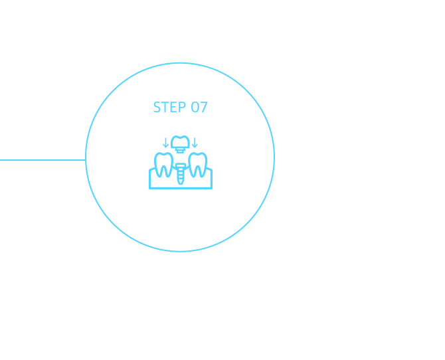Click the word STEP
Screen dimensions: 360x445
tap(169, 107)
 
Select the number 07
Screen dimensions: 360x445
tap(200, 107)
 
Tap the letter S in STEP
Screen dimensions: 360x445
tap(157, 107)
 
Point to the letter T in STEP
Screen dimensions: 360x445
tap(165, 107)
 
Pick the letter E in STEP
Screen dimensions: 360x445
tap(173, 107)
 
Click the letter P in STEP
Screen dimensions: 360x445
tap(181, 107)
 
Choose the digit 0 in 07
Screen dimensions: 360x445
tap(195, 107)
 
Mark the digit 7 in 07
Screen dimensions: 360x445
tap(204, 107)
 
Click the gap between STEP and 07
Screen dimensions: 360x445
tap(188, 107)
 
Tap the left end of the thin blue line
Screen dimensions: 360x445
tap(1, 160)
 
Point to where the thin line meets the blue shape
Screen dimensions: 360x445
tap(84, 160)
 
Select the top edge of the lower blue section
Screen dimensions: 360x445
tap(153, 61)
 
